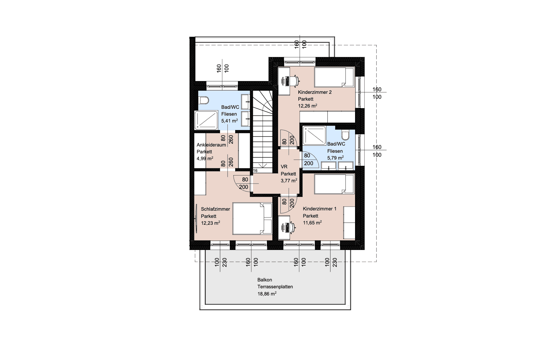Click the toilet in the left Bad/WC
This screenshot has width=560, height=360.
click(x=204, y=100)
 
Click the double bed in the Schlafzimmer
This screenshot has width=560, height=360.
click(x=252, y=219)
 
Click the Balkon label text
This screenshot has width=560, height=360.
click(x=265, y=280)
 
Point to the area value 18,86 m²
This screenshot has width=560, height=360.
click(x=267, y=294)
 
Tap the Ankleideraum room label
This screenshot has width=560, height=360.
click(x=211, y=145)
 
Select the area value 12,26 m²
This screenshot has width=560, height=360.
click(x=307, y=106)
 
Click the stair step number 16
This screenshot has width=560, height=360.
click(x=255, y=171)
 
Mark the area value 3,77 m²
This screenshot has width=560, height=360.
click(x=289, y=180)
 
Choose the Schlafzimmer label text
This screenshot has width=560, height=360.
click(x=216, y=209)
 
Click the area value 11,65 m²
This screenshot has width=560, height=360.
click(x=312, y=223)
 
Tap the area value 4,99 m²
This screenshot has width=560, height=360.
click(x=205, y=158)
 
